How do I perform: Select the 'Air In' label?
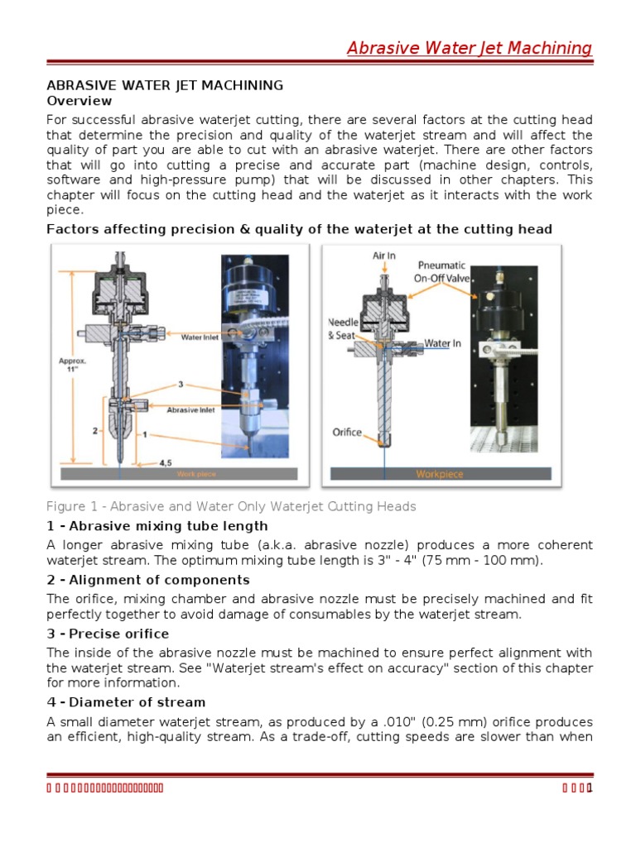click(383, 256)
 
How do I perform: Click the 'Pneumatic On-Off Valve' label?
click(441, 271)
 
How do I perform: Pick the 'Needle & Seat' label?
click(342, 328)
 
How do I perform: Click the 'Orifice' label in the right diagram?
click(347, 431)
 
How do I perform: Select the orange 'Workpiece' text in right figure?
click(440, 474)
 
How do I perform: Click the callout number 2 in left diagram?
click(95, 431)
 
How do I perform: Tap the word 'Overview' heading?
click(79, 101)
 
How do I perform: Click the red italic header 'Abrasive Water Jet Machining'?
click(470, 48)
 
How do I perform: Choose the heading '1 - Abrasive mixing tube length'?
click(157, 526)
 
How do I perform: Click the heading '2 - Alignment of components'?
click(148, 580)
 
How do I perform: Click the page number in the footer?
click(589, 786)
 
